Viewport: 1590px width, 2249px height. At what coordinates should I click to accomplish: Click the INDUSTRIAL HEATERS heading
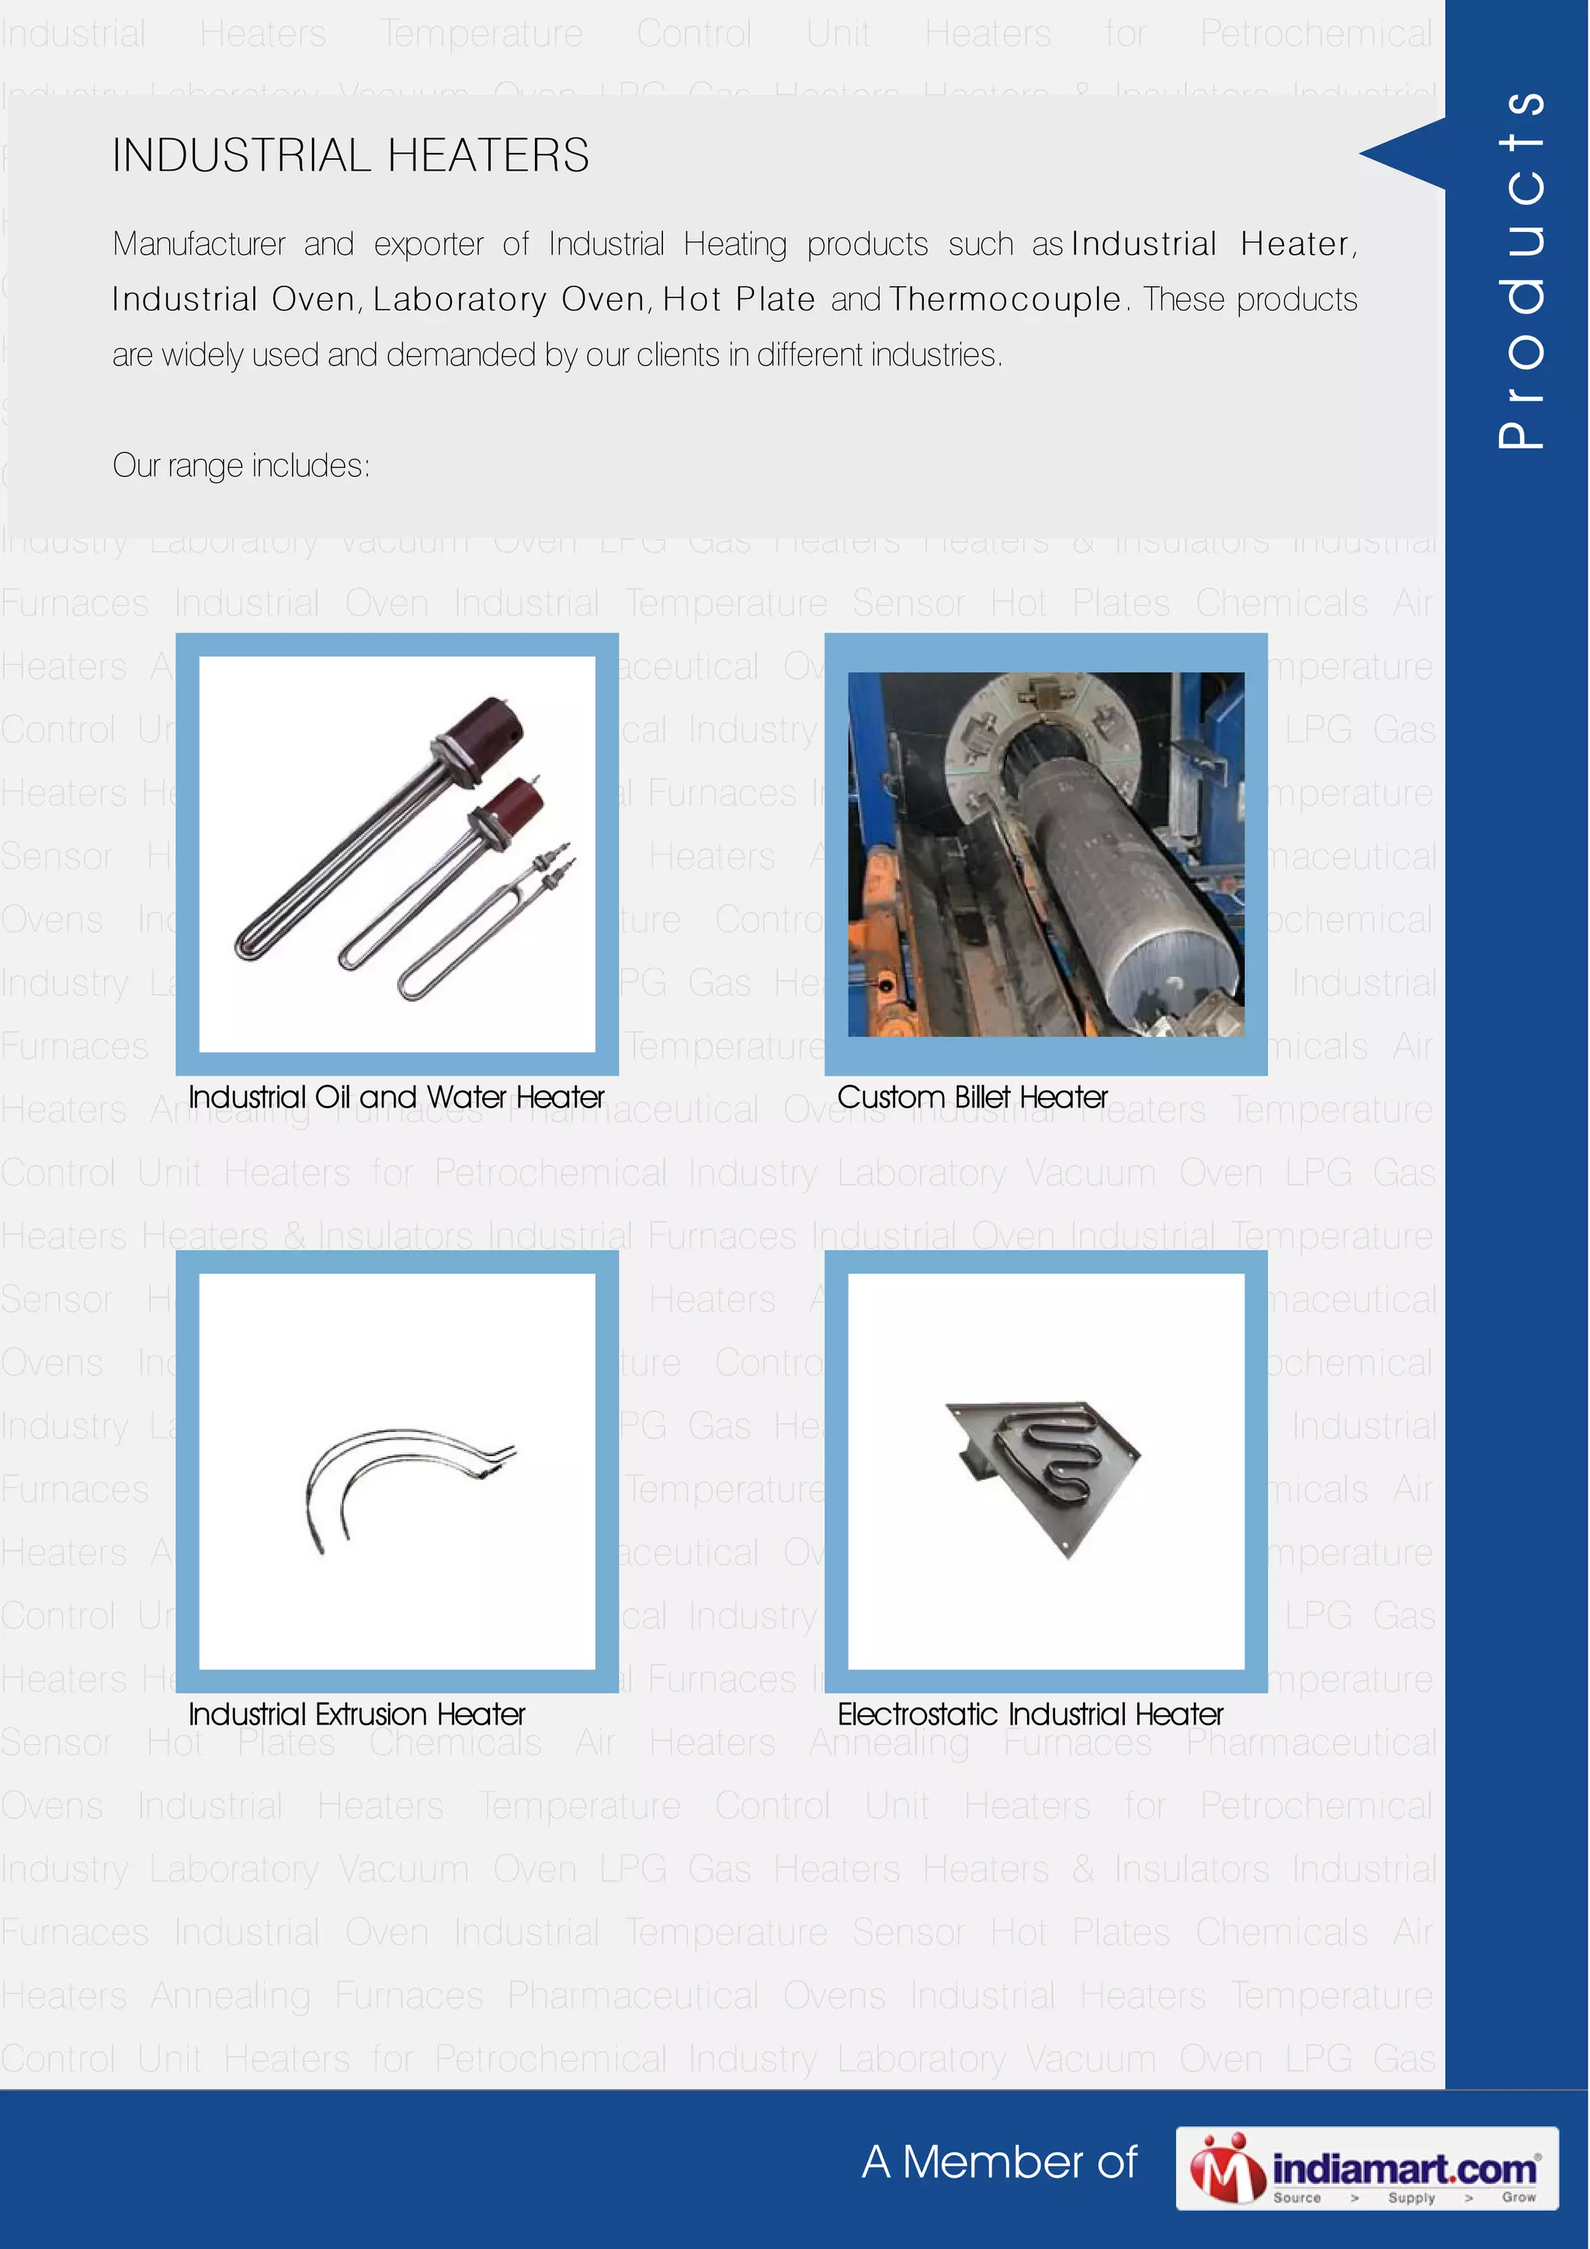[351, 156]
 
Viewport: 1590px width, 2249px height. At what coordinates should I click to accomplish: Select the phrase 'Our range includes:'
[241, 466]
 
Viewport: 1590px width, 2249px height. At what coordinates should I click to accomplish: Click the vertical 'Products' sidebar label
[1519, 269]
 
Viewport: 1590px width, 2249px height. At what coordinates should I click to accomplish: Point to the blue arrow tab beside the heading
[1407, 153]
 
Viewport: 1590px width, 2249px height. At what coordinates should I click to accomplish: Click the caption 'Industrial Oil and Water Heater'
[396, 1097]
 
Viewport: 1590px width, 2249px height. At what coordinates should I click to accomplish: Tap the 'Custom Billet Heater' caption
[972, 1097]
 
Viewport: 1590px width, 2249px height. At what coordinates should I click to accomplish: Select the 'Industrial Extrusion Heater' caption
[356, 1714]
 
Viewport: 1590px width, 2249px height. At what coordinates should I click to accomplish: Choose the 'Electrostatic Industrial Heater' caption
[1029, 1714]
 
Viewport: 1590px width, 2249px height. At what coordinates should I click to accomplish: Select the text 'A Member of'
[999, 2163]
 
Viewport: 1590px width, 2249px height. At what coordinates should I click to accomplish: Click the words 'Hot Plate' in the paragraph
[738, 299]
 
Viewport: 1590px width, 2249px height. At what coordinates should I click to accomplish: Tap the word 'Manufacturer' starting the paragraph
[199, 244]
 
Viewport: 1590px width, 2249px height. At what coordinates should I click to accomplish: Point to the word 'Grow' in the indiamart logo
[1518, 2197]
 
